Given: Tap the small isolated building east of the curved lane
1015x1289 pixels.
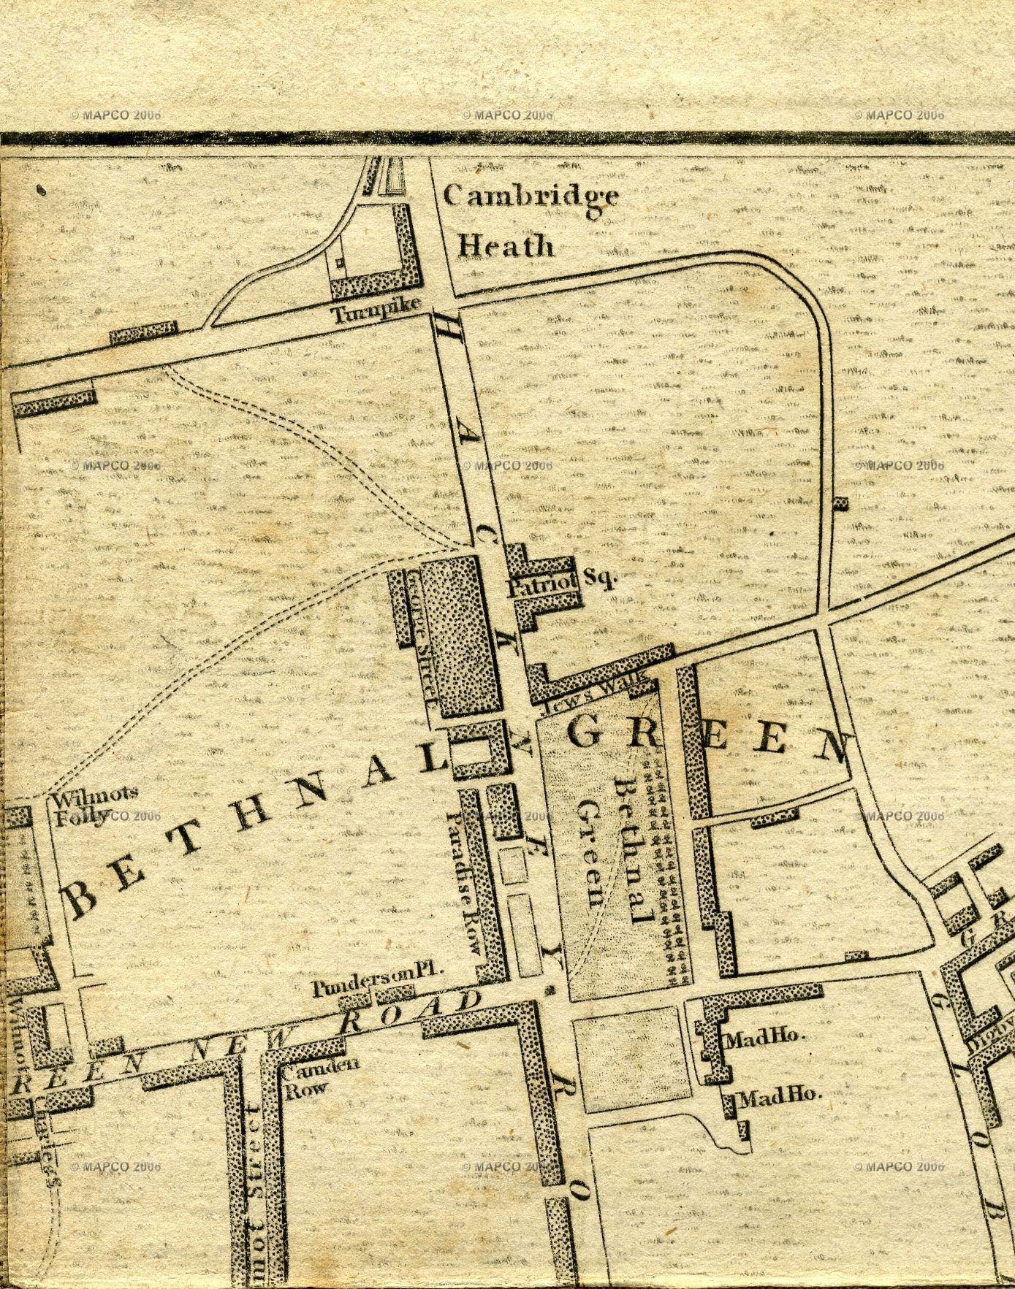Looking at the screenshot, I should point(842,503).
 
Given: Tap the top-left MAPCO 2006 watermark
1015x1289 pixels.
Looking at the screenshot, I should point(115,115).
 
